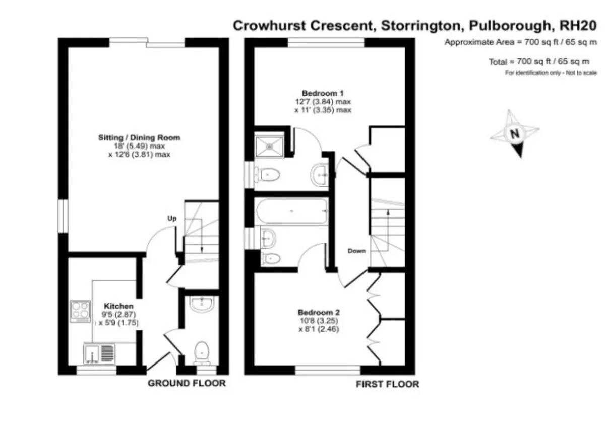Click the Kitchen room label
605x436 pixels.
click(x=118, y=306)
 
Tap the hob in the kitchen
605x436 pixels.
click(x=80, y=311)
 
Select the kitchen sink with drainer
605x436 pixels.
click(x=99, y=353)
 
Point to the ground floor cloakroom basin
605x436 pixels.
click(x=202, y=304)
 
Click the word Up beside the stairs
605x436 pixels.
click(x=172, y=219)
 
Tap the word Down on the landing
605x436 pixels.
click(x=356, y=251)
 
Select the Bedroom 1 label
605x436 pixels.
click(x=323, y=93)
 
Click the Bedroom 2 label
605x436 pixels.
click(x=319, y=313)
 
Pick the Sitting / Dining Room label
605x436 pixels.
click(x=139, y=138)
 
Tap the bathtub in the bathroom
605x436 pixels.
click(x=292, y=211)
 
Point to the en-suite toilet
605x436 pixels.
click(x=267, y=175)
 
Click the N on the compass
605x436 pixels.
click(x=515, y=133)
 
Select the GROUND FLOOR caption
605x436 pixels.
click(x=187, y=383)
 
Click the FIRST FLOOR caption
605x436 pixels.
click(x=388, y=384)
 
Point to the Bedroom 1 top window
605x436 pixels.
click(x=326, y=43)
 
